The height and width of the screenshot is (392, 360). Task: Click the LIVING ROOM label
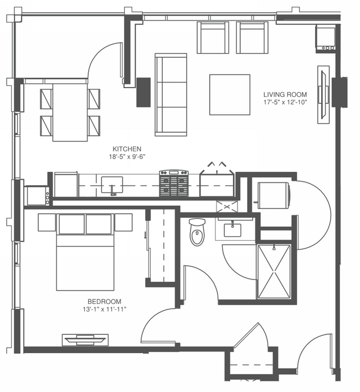point(285,94)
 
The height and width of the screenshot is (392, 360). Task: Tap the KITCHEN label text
point(127,149)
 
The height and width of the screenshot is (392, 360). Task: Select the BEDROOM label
point(104,302)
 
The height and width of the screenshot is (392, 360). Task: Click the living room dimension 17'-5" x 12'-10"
point(285,102)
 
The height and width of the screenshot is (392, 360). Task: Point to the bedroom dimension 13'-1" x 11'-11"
point(105,309)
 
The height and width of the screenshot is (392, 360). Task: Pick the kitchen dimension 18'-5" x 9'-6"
point(127,157)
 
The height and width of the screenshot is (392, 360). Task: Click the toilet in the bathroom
point(197,232)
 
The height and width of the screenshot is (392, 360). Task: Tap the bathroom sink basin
point(233,230)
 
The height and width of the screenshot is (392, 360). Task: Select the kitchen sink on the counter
point(112,185)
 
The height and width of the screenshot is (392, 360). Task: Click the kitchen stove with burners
point(174,183)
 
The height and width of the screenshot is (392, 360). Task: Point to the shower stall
point(274,272)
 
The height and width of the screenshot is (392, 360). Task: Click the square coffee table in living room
point(230,94)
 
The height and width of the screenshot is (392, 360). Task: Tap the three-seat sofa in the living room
point(171,94)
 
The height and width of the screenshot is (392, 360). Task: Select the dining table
point(70,113)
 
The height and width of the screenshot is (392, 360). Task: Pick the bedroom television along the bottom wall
point(85,339)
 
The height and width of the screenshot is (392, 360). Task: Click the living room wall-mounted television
point(323,94)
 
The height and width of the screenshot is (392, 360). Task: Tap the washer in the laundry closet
point(274,195)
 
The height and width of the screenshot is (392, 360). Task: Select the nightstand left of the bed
point(47,222)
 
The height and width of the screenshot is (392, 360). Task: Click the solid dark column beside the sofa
point(143,92)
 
